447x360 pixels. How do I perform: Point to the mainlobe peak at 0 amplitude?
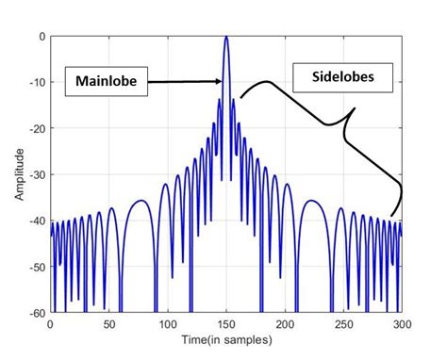pyautogui.click(x=226, y=37)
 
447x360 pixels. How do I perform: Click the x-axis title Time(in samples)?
pyautogui.click(x=225, y=337)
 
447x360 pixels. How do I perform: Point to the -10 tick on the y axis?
pyautogui.click(x=38, y=82)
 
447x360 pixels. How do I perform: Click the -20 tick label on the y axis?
pyautogui.click(x=38, y=128)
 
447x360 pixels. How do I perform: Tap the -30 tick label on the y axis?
pyautogui.click(x=38, y=174)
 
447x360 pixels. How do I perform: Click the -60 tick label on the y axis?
pyautogui.click(x=38, y=312)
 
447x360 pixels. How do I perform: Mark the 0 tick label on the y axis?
pyautogui.click(x=41, y=36)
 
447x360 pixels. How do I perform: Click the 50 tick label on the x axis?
pyautogui.click(x=108, y=322)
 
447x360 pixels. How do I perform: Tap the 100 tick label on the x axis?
pyautogui.click(x=167, y=322)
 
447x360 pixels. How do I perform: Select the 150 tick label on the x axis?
pyautogui.click(x=226, y=322)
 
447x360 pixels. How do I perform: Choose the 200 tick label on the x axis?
pyautogui.click(x=285, y=322)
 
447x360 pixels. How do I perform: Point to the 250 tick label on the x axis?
pyautogui.click(x=343, y=322)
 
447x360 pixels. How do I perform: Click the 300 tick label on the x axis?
pyautogui.click(x=401, y=322)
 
